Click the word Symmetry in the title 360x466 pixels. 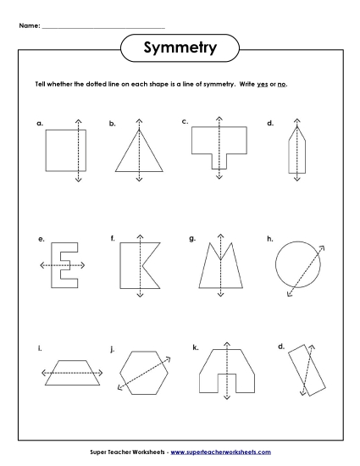tap(180, 49)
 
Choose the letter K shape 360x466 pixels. tap(136, 265)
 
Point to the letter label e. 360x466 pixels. tap(40, 240)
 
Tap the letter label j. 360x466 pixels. tap(112, 348)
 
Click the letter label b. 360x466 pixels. tap(112, 124)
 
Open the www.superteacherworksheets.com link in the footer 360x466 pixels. tap(230, 455)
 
